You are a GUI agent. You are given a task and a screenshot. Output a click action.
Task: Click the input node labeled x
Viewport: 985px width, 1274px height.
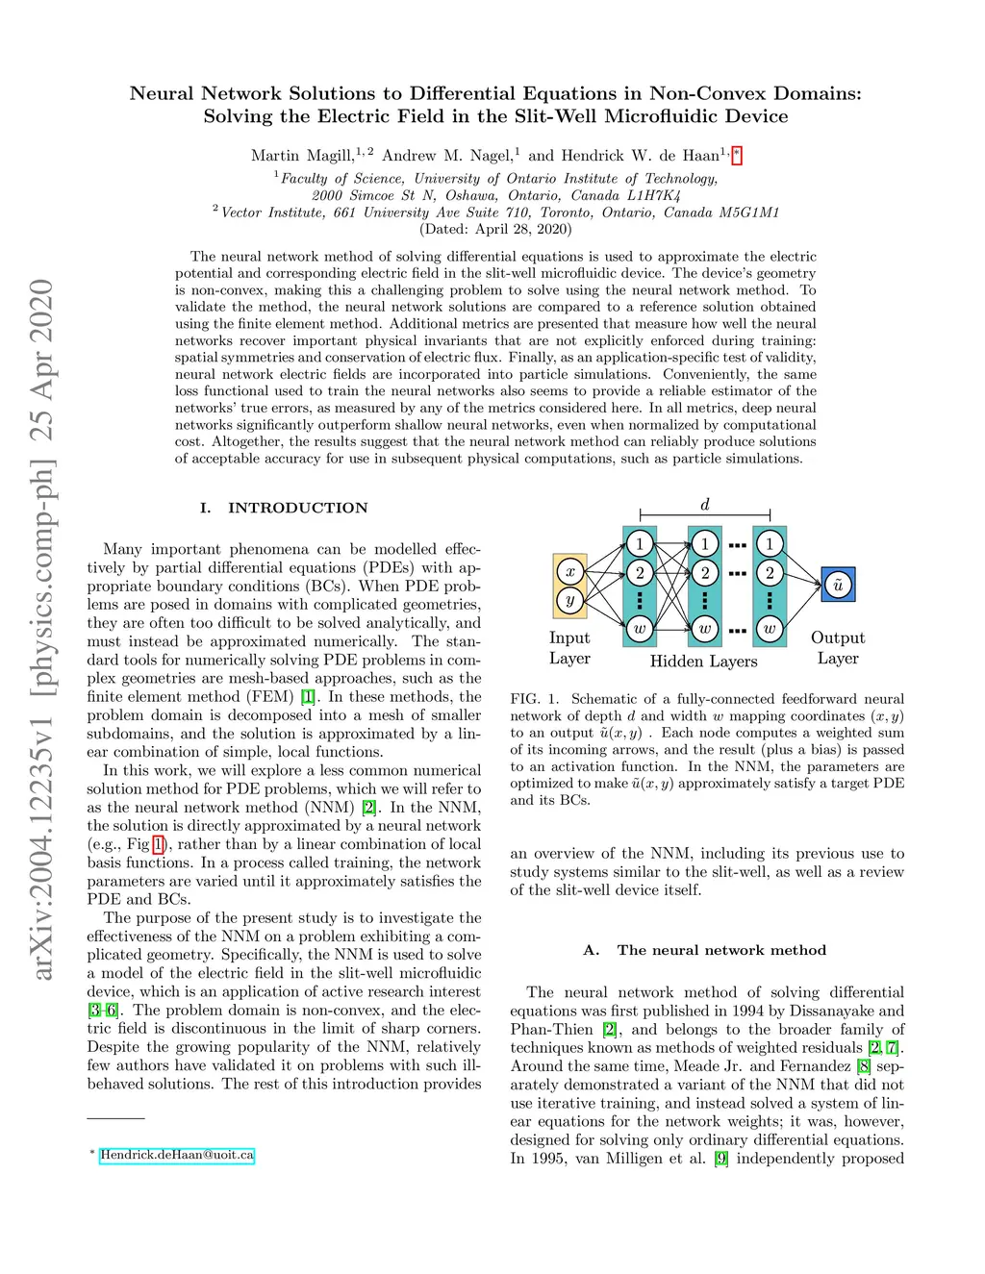click(x=569, y=571)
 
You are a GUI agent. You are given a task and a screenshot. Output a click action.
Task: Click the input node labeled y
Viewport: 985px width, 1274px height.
click(x=569, y=601)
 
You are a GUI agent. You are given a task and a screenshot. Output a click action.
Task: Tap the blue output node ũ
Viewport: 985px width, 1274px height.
click(x=838, y=585)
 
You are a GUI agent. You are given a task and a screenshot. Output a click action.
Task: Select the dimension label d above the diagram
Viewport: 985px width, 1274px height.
click(x=705, y=505)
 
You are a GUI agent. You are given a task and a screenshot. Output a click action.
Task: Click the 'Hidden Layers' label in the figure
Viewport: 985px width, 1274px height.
click(x=703, y=661)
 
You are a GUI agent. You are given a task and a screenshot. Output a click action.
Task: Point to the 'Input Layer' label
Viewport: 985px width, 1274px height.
click(x=569, y=648)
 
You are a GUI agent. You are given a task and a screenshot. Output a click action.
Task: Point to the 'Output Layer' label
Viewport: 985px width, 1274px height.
click(x=838, y=648)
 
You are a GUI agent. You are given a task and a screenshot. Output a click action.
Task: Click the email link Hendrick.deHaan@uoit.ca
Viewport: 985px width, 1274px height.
click(x=177, y=1155)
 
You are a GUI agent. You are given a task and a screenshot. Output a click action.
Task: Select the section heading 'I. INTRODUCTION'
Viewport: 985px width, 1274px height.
click(x=284, y=508)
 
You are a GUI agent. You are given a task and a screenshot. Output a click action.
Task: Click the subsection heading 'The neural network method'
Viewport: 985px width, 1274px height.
click(x=721, y=950)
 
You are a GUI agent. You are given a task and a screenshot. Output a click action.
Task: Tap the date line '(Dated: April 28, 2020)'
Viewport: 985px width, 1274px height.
click(x=495, y=229)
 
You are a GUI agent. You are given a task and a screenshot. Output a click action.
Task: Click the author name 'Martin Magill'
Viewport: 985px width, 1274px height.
click(x=302, y=156)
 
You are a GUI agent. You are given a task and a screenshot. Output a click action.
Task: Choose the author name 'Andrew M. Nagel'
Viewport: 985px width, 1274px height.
click(x=446, y=156)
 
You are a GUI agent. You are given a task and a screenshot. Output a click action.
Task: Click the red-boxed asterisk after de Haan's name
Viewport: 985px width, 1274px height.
click(x=737, y=155)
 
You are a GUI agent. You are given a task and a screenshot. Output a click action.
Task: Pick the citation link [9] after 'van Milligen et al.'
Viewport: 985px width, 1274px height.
click(x=720, y=1158)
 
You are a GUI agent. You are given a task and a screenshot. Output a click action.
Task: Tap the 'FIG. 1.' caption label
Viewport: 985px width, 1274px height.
click(x=534, y=699)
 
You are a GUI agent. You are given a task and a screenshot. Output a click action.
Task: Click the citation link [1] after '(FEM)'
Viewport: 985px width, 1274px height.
click(x=308, y=696)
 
